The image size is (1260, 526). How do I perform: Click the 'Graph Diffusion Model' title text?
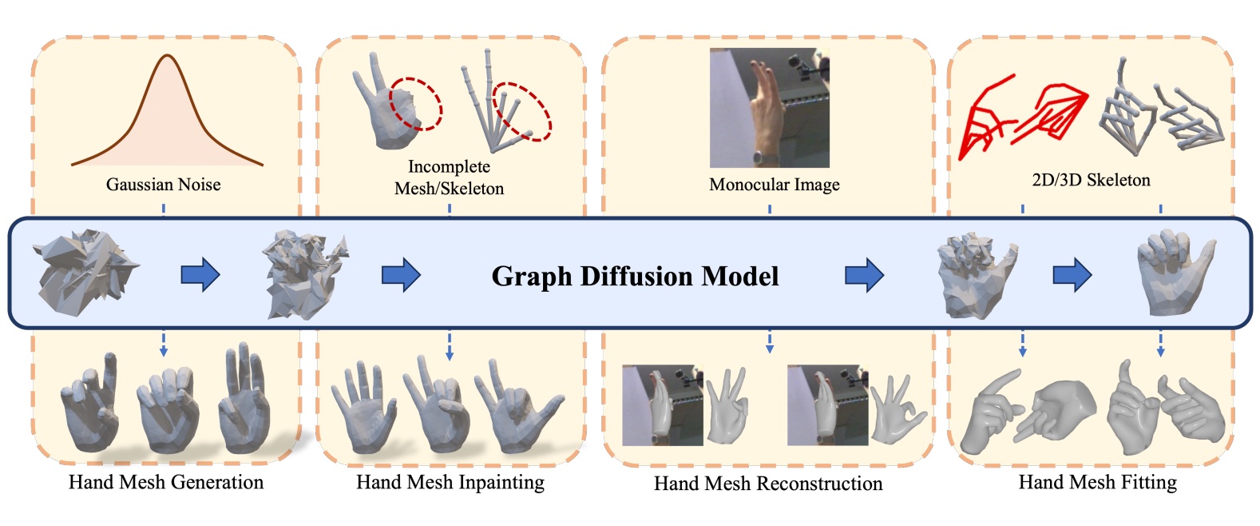[x=635, y=276]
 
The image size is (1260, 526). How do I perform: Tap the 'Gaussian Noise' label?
[x=163, y=185]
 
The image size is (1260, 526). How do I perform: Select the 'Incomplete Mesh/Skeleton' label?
[x=449, y=177]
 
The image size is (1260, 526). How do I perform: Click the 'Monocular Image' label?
[x=774, y=185]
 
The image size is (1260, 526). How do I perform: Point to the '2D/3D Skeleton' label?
[x=1091, y=180]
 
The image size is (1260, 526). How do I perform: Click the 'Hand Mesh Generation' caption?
[x=166, y=482]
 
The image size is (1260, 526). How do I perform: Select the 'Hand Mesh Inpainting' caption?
[x=450, y=482]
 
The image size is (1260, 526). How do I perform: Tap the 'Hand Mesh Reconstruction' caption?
[x=768, y=484]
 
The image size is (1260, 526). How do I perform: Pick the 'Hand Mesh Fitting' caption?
[x=1097, y=482]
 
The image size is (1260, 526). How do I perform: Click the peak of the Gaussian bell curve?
[x=167, y=55]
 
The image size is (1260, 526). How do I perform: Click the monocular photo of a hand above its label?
[x=769, y=107]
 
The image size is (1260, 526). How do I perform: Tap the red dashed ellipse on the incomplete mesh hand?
[x=415, y=103]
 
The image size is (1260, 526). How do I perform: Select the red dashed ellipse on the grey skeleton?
[x=521, y=111]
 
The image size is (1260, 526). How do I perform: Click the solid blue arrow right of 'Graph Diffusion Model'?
[x=864, y=276]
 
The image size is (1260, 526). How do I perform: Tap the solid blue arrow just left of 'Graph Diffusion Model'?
[x=401, y=276]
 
